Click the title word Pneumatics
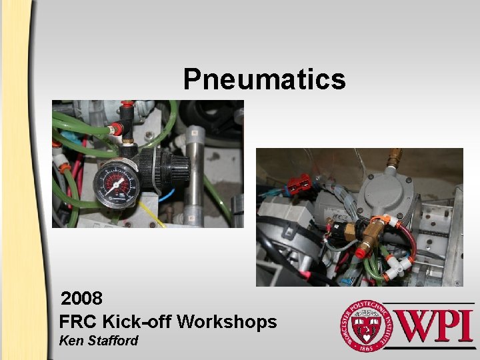(264, 79)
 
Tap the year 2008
(81, 297)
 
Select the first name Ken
(70, 341)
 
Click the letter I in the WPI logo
(465, 325)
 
